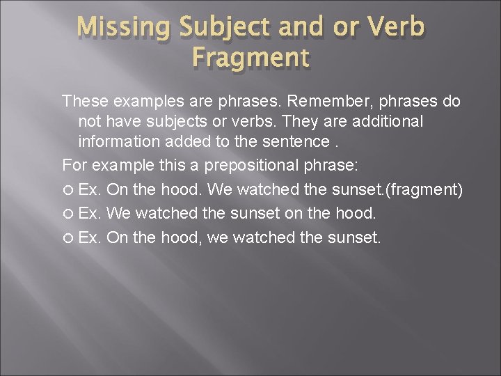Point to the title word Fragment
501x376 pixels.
(250, 58)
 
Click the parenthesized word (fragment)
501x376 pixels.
(425, 190)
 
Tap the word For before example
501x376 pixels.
(74, 165)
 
